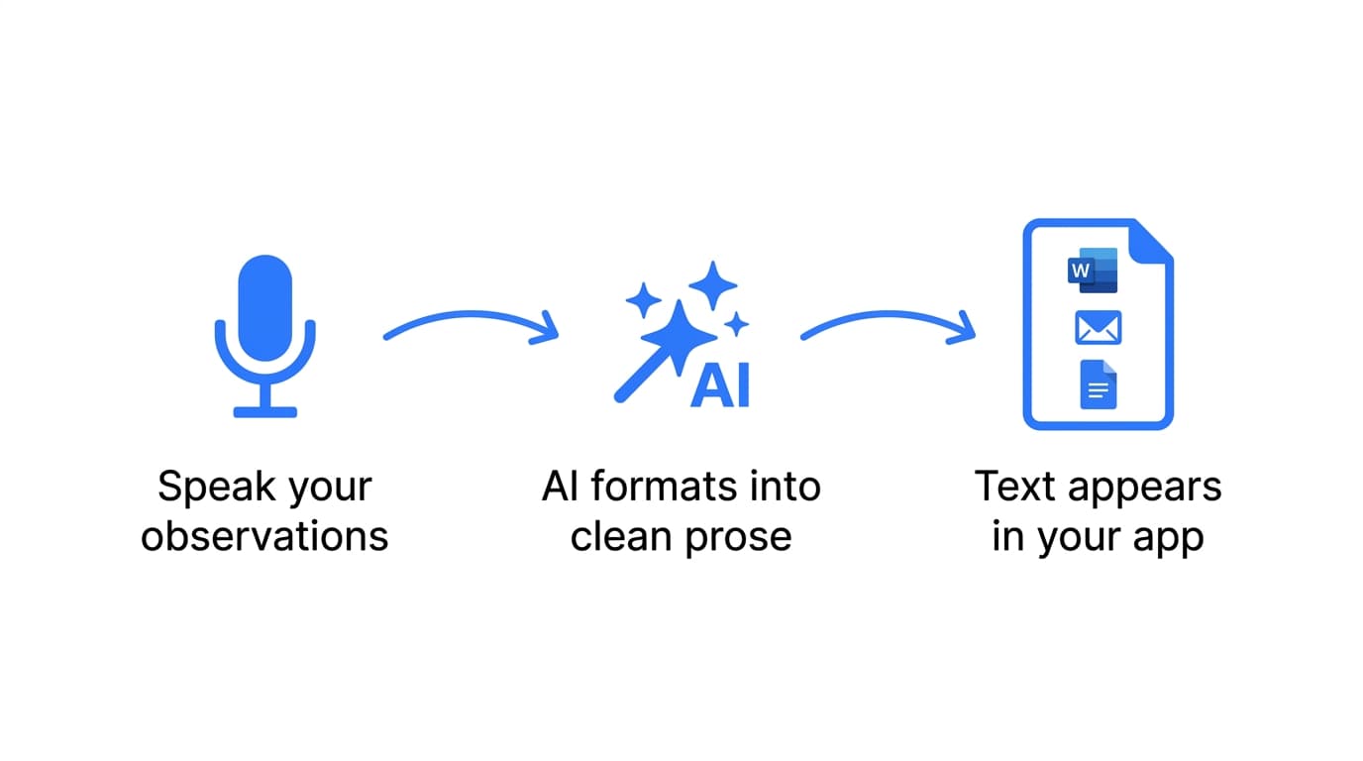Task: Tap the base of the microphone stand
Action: pos(264,411)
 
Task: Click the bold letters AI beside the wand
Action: pos(720,385)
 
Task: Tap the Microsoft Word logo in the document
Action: pos(1093,271)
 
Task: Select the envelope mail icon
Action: pos(1098,328)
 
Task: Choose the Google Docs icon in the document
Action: pos(1098,384)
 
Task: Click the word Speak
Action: pos(206,488)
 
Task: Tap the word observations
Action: pos(264,537)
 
